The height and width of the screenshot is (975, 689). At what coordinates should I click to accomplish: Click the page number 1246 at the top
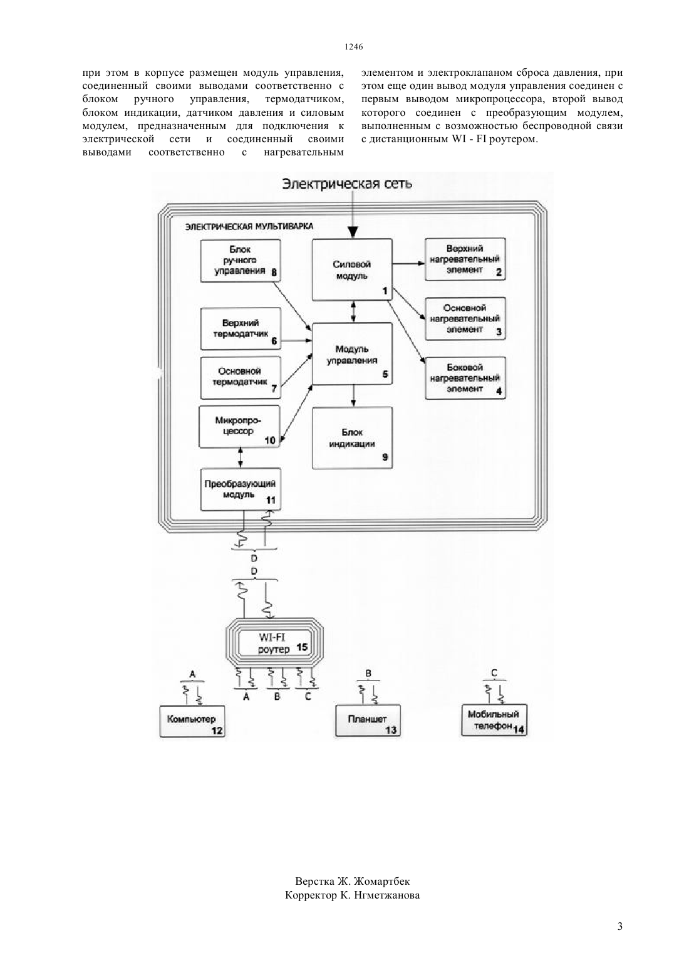[353, 47]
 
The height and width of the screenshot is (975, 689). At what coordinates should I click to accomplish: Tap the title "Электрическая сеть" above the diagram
[347, 184]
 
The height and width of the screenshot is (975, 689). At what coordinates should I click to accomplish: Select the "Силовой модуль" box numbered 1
[352, 270]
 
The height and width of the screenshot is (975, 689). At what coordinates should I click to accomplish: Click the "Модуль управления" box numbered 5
[352, 354]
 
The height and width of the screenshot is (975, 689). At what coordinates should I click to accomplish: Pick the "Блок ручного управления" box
[241, 260]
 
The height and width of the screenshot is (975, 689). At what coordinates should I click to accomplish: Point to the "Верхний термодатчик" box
[241, 328]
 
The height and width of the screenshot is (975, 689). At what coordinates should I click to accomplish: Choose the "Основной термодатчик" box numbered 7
[241, 378]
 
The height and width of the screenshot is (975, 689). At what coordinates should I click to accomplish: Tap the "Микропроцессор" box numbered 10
[240, 427]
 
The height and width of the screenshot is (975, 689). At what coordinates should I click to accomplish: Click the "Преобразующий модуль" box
[241, 489]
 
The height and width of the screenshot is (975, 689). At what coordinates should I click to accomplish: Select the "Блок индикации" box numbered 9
[352, 438]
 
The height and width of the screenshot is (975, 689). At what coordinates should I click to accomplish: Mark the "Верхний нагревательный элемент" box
[465, 259]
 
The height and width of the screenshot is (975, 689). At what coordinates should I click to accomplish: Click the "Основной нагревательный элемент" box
[465, 318]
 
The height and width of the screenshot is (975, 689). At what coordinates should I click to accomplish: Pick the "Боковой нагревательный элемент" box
[465, 378]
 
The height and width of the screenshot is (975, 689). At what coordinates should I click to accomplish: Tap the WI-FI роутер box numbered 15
[275, 644]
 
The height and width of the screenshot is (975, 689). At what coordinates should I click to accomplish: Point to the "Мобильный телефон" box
[494, 721]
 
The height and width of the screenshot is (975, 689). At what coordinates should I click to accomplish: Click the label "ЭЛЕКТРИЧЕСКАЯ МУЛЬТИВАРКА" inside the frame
[249, 227]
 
